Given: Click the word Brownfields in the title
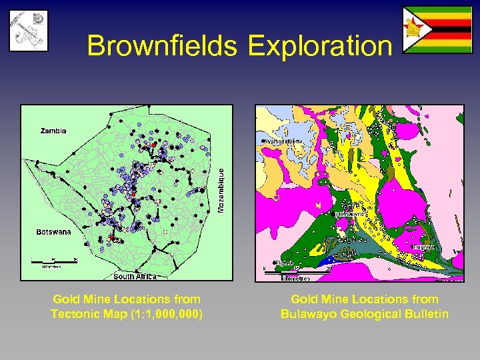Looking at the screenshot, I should point(163,46).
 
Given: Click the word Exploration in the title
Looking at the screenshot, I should point(319,46).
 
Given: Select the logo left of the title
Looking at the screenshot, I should point(28,31).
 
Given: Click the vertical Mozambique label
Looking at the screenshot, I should point(222,190).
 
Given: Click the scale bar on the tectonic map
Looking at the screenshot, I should point(53,259).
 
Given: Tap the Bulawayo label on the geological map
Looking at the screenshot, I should point(351,214).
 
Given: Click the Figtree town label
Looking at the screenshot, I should point(285,263).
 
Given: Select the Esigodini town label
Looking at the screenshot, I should point(424,247).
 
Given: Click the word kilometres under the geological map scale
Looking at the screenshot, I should point(295,277).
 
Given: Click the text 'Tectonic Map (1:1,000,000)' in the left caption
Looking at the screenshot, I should point(127,314).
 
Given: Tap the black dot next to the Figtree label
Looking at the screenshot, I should point(274,263).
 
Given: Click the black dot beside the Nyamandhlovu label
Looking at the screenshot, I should point(262,141).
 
